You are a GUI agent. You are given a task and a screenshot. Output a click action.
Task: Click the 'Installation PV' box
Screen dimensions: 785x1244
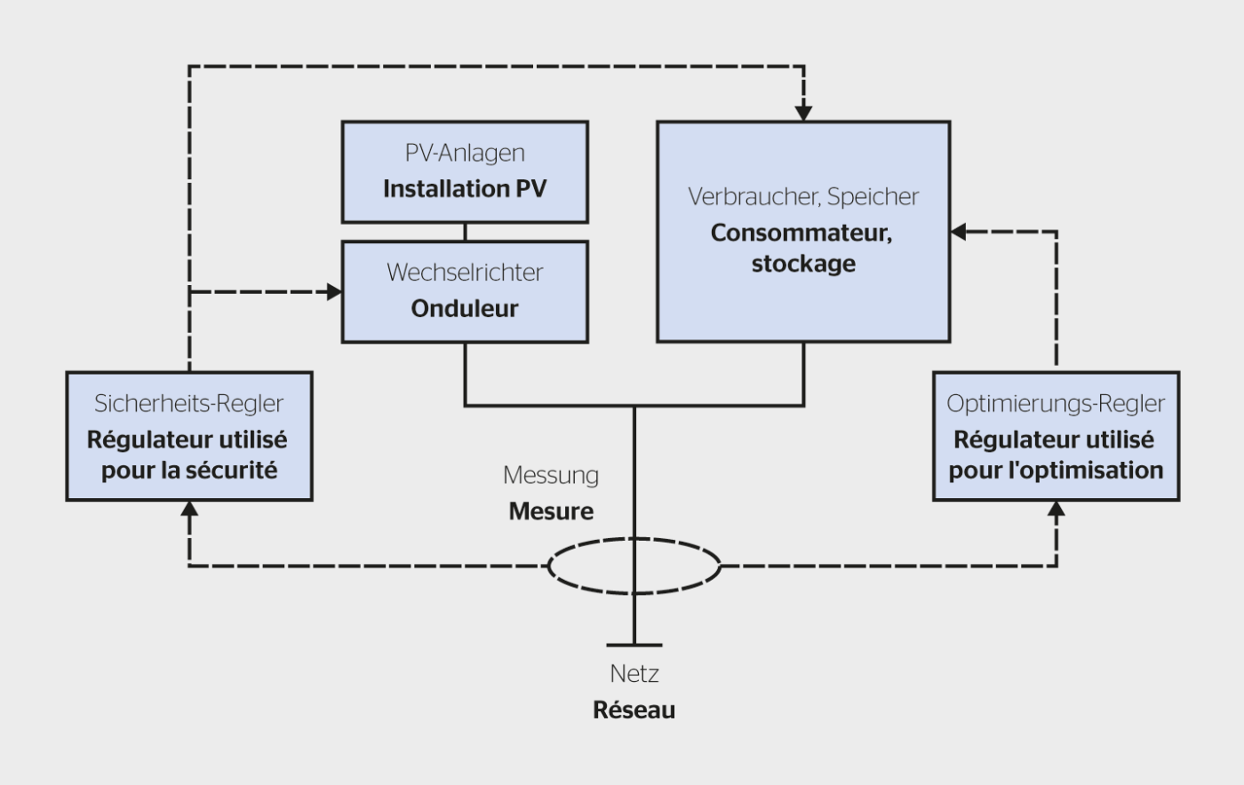(x=465, y=172)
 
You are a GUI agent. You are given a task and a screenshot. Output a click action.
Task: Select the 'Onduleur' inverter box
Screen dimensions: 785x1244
(x=465, y=291)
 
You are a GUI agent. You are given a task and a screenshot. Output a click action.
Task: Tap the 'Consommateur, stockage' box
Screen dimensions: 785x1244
(x=803, y=232)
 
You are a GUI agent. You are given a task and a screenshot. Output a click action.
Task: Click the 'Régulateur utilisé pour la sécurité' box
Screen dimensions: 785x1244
(x=189, y=437)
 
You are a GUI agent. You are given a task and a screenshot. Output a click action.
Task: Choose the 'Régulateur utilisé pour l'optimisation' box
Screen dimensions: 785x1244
(x=1056, y=437)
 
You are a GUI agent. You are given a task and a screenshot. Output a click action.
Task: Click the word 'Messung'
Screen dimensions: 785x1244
(x=551, y=475)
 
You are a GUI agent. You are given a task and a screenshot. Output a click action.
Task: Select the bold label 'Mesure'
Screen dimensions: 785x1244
(x=551, y=511)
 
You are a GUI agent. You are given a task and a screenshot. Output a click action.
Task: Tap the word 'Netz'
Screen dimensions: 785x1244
(x=634, y=674)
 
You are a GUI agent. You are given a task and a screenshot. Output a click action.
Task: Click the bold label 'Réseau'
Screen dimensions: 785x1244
(x=634, y=710)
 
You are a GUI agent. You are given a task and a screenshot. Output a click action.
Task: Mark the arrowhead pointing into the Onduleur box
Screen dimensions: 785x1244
(x=335, y=291)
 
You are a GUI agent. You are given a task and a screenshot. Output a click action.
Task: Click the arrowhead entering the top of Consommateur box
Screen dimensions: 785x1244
(x=803, y=114)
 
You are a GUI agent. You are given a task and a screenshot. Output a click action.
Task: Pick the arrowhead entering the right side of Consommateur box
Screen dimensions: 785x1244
(x=958, y=232)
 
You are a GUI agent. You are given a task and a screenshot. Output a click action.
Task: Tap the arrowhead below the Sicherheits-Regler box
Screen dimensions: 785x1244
(x=189, y=509)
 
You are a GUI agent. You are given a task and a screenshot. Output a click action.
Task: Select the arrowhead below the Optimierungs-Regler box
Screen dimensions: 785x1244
(x=1056, y=509)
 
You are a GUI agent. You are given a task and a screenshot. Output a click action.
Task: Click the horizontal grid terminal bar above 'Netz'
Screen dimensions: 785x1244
(x=634, y=646)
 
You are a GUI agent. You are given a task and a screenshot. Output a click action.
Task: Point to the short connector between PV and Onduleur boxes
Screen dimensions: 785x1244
(x=465, y=232)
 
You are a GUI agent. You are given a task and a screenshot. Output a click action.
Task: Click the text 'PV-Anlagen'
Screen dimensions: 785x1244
(x=465, y=153)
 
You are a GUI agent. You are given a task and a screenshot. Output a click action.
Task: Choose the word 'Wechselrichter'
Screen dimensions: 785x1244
(x=465, y=273)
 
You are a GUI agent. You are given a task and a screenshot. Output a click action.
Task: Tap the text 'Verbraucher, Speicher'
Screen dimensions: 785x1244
(x=803, y=196)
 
